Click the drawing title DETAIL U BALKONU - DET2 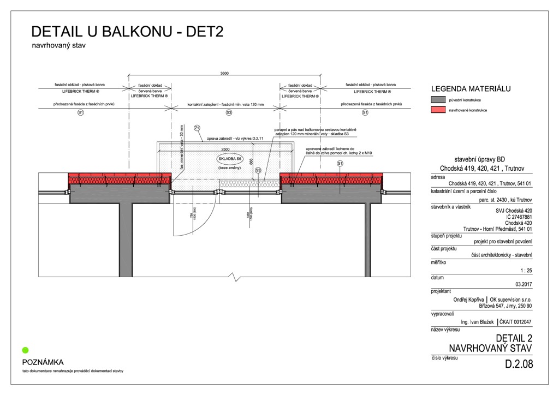(x=127, y=31)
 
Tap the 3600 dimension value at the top (x=224, y=74)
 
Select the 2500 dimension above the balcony (x=225, y=148)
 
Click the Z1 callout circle (x=197, y=128)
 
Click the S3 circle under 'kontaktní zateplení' (x=229, y=112)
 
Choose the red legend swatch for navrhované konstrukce (x=438, y=110)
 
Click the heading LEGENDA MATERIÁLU (x=471, y=89)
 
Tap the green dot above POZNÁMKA (x=25, y=350)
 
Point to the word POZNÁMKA (x=43, y=362)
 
